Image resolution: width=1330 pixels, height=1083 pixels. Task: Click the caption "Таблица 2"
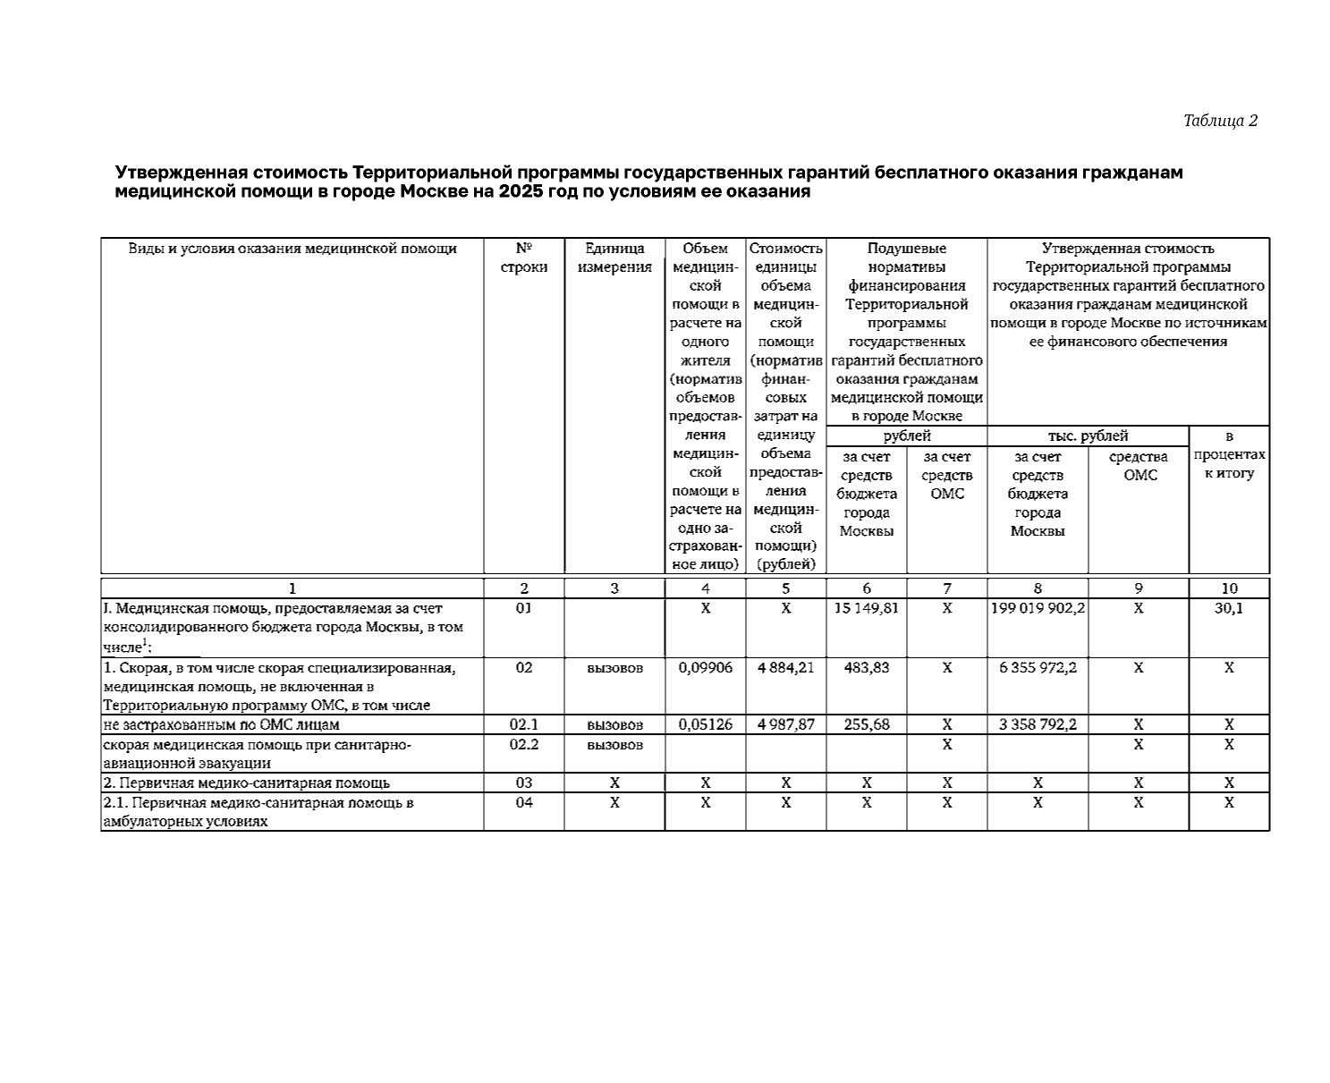pyautogui.click(x=1220, y=121)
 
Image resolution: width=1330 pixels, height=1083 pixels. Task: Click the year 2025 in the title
pyautogui.click(x=521, y=191)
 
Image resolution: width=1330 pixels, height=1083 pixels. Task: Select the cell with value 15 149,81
pyautogui.click(x=866, y=608)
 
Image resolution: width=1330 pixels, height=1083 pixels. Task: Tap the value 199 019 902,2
pyautogui.click(x=1038, y=608)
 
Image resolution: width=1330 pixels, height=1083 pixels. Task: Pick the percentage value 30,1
pyautogui.click(x=1229, y=608)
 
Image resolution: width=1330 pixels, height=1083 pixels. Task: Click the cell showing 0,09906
pyautogui.click(x=705, y=667)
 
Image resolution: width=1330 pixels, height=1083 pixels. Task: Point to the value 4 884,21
pyautogui.click(x=785, y=667)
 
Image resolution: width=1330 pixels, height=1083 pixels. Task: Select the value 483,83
pyautogui.click(x=866, y=667)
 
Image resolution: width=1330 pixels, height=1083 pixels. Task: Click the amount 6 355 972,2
pyautogui.click(x=1038, y=667)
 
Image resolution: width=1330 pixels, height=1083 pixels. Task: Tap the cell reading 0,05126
pyautogui.click(x=705, y=724)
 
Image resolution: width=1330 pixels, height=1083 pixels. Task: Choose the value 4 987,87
pyautogui.click(x=785, y=724)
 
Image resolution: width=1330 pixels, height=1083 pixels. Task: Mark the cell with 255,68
pyautogui.click(x=866, y=724)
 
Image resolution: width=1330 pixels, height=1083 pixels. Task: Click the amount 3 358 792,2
pyautogui.click(x=1038, y=724)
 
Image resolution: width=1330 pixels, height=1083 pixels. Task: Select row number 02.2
pyautogui.click(x=524, y=744)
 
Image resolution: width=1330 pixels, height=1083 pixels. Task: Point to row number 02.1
pyautogui.click(x=524, y=724)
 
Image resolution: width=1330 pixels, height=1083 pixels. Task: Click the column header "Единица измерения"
pyautogui.click(x=614, y=258)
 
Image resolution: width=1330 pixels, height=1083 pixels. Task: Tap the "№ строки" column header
pyautogui.click(x=524, y=258)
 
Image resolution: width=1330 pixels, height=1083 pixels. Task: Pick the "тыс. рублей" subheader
pyautogui.click(x=1088, y=436)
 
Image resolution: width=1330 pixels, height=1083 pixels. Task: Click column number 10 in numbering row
pyautogui.click(x=1229, y=588)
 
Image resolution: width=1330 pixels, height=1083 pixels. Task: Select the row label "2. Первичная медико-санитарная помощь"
pyautogui.click(x=247, y=783)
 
